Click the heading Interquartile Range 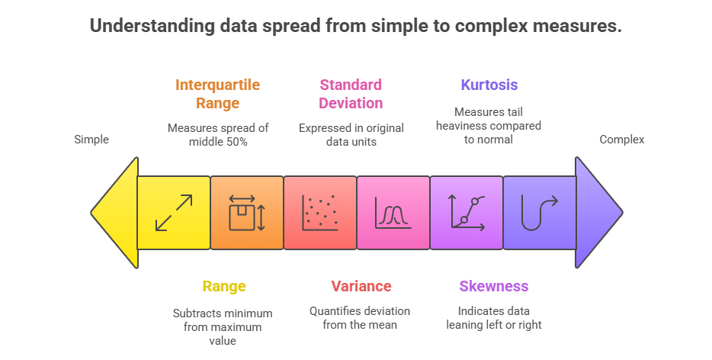(x=217, y=94)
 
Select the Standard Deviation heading (x=351, y=94)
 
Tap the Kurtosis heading (x=489, y=85)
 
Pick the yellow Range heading (x=223, y=287)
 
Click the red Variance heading (x=361, y=287)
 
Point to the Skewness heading (x=493, y=287)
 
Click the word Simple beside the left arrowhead (x=91, y=140)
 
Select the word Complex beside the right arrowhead (x=621, y=140)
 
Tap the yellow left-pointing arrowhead (x=117, y=212)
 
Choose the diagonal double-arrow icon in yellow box (x=173, y=212)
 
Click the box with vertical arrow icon (x=246, y=212)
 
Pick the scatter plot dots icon (x=319, y=212)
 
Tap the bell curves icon (x=393, y=213)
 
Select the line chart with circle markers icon (x=467, y=212)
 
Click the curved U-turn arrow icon (x=539, y=212)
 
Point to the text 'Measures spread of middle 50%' (x=218, y=134)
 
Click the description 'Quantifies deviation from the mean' (x=360, y=318)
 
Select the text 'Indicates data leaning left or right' (x=493, y=318)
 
